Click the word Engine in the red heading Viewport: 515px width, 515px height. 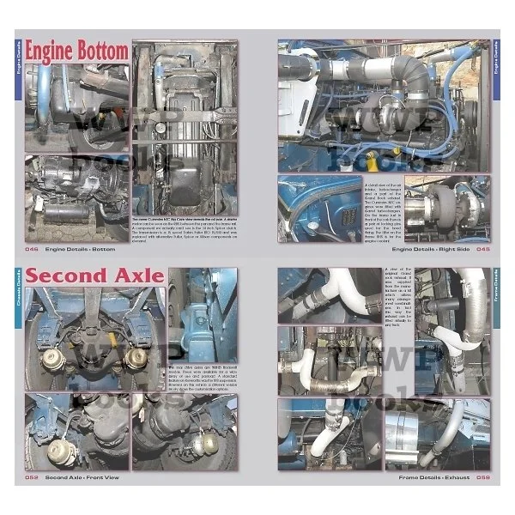coord(51,51)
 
